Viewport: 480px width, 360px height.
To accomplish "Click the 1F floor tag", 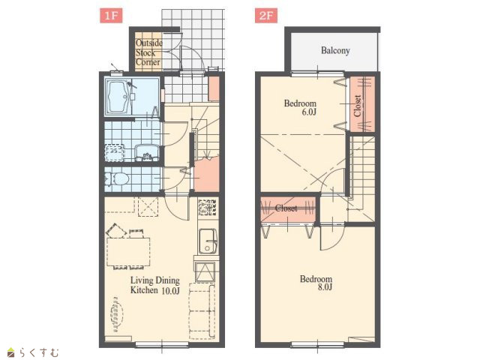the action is coord(111,16).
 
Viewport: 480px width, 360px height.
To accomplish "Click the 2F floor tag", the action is coord(266,16).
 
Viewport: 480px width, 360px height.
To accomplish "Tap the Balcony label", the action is coord(335,50).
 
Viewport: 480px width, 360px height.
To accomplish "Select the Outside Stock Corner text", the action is coord(148,52).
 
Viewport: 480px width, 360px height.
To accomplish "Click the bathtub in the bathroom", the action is coord(119,97).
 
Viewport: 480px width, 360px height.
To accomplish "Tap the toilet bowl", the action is coord(118,179).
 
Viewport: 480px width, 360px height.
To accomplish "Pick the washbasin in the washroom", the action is coord(147,152).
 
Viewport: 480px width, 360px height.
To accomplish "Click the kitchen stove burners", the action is coord(208,207).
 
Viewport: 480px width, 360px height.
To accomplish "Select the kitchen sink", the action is coord(208,241).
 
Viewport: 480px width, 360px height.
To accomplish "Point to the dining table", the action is coord(128,252).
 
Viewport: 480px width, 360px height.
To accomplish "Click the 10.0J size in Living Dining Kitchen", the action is coord(170,290).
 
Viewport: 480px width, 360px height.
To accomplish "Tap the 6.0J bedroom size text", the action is coord(309,112).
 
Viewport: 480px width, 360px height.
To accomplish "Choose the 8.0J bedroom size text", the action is coord(325,287).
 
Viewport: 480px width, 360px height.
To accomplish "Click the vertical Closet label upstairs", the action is coord(357,106).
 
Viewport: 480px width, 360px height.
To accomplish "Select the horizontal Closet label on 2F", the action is coord(286,208).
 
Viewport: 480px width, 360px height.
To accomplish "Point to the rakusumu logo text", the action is coord(38,352).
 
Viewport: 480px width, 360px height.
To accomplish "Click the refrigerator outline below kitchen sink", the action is coord(205,272).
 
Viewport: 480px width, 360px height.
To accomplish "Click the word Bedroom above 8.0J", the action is coord(316,279).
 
